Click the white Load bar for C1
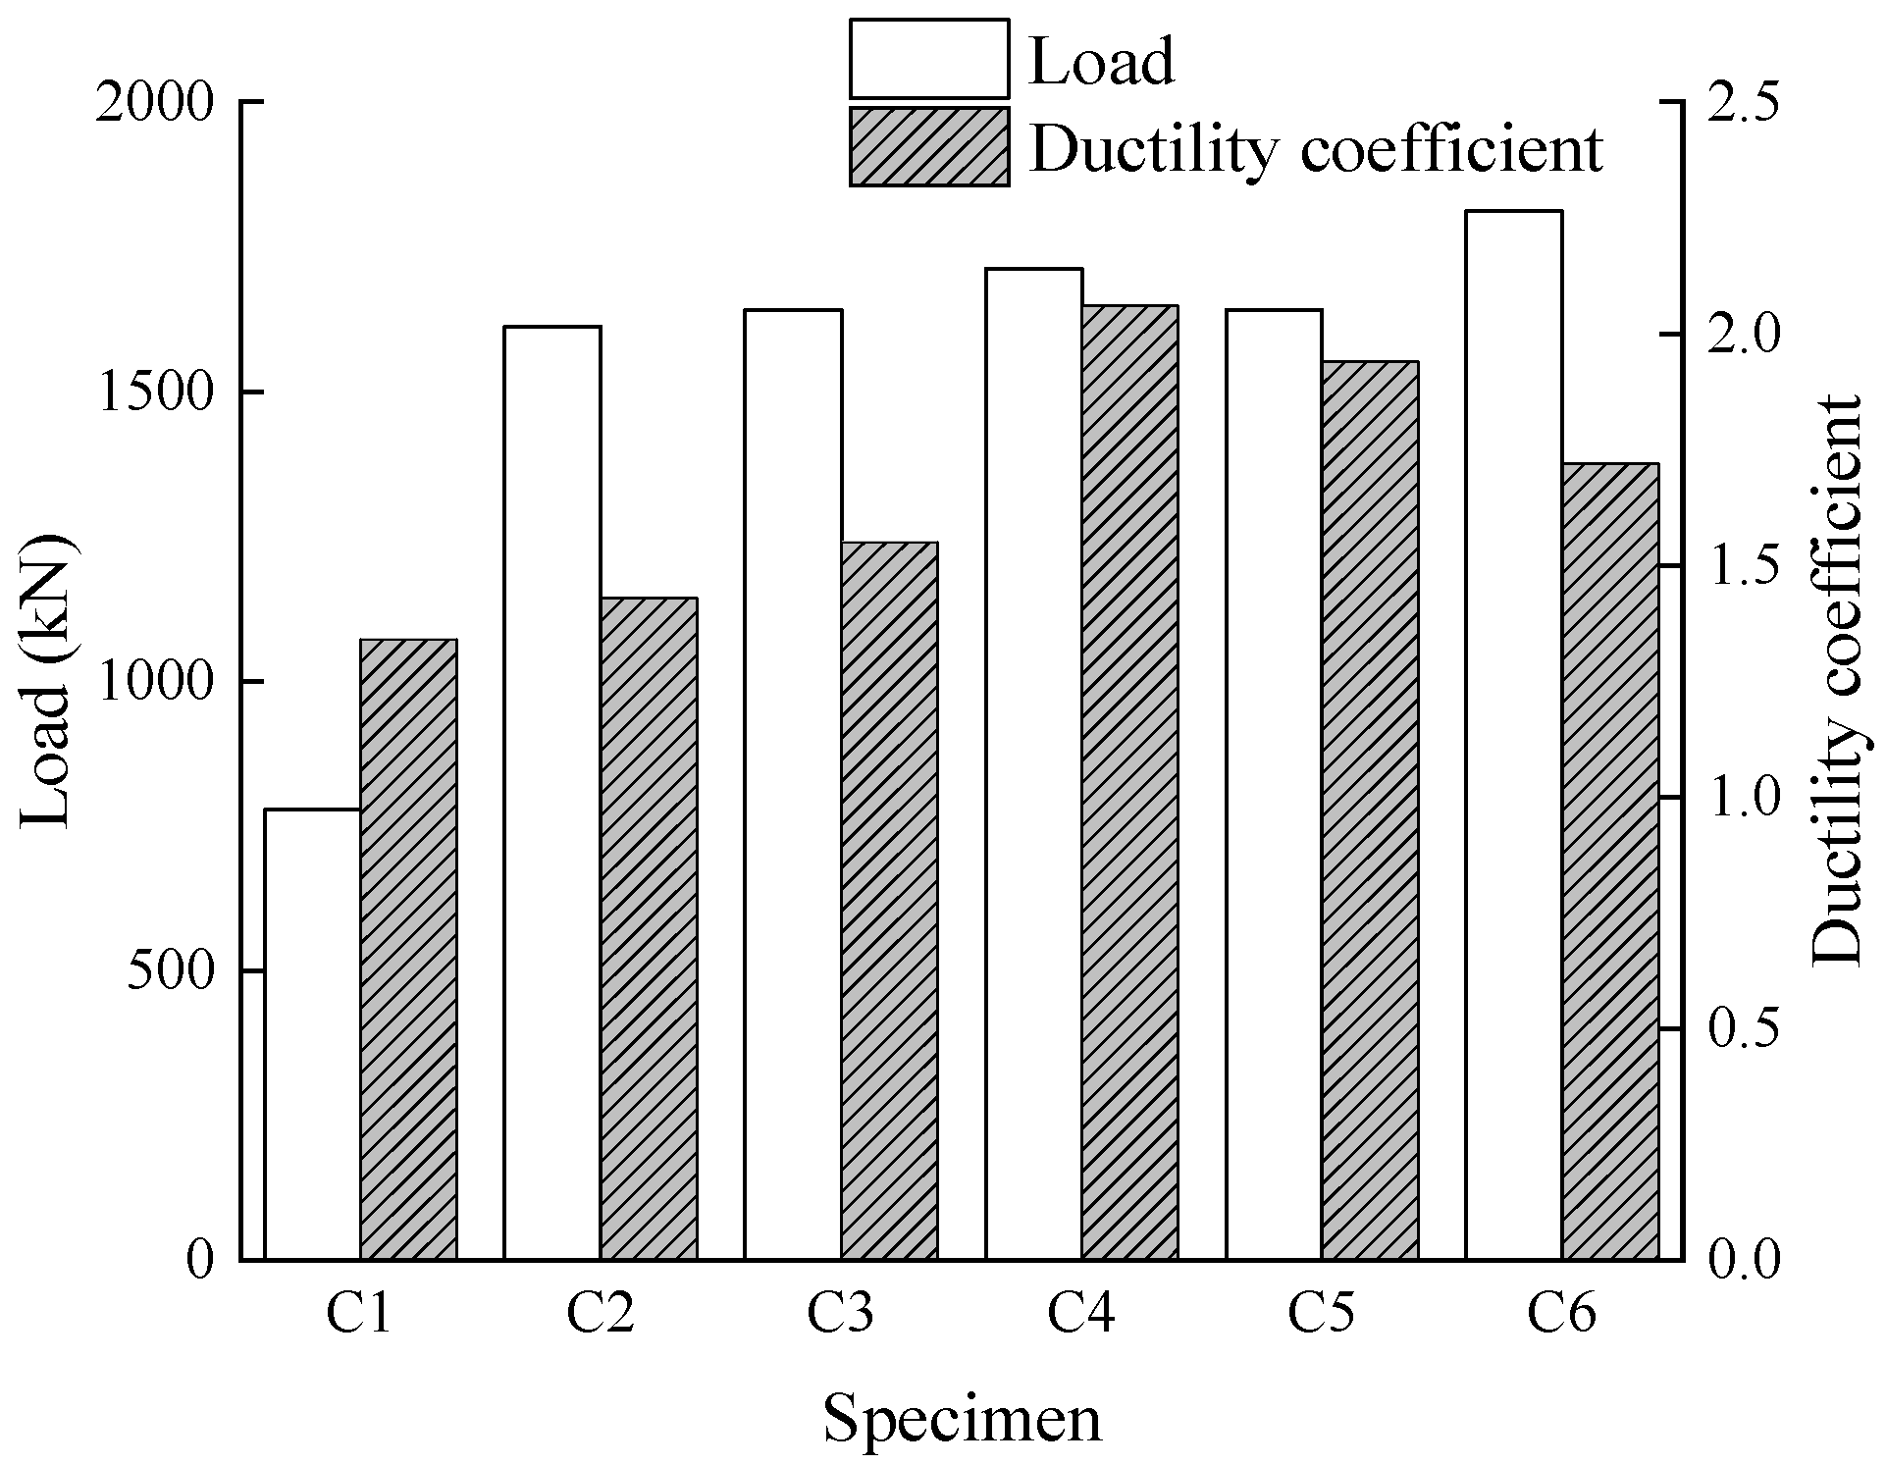312,1034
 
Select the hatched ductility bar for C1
408,949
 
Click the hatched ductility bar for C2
649,928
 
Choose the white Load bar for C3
792,784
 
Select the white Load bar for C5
1274,784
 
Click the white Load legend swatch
928,59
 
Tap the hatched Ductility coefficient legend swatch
928,147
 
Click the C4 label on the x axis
1080,1315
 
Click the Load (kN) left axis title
47,681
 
